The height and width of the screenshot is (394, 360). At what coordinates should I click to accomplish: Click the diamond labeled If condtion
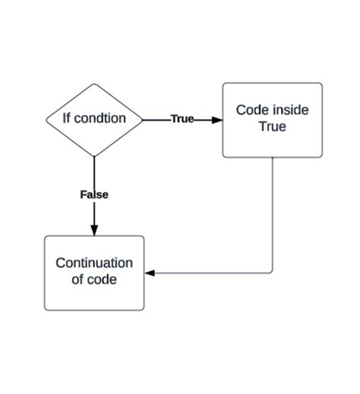tap(94, 119)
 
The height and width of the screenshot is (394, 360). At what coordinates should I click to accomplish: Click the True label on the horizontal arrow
tap(182, 119)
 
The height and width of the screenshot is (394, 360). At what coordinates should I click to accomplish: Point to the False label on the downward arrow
tap(94, 194)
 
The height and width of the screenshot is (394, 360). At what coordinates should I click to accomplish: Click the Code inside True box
tap(272, 120)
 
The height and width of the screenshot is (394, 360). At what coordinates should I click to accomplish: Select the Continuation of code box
tap(94, 273)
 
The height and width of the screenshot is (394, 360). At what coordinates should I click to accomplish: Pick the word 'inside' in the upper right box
tap(290, 110)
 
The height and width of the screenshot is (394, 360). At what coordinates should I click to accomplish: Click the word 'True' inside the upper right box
tap(272, 127)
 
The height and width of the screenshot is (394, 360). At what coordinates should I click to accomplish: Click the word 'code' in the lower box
tap(103, 280)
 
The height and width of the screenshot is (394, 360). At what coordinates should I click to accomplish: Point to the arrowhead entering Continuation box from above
tap(94, 230)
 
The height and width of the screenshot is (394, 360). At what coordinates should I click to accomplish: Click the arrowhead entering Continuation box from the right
tap(150, 273)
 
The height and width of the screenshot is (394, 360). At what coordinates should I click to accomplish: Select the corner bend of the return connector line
tap(272, 273)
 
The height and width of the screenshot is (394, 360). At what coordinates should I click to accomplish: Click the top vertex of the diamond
tap(94, 82)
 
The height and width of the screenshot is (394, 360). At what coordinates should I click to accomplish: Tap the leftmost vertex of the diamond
tap(46, 119)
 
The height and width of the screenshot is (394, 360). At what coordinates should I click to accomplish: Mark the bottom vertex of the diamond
tap(94, 156)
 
